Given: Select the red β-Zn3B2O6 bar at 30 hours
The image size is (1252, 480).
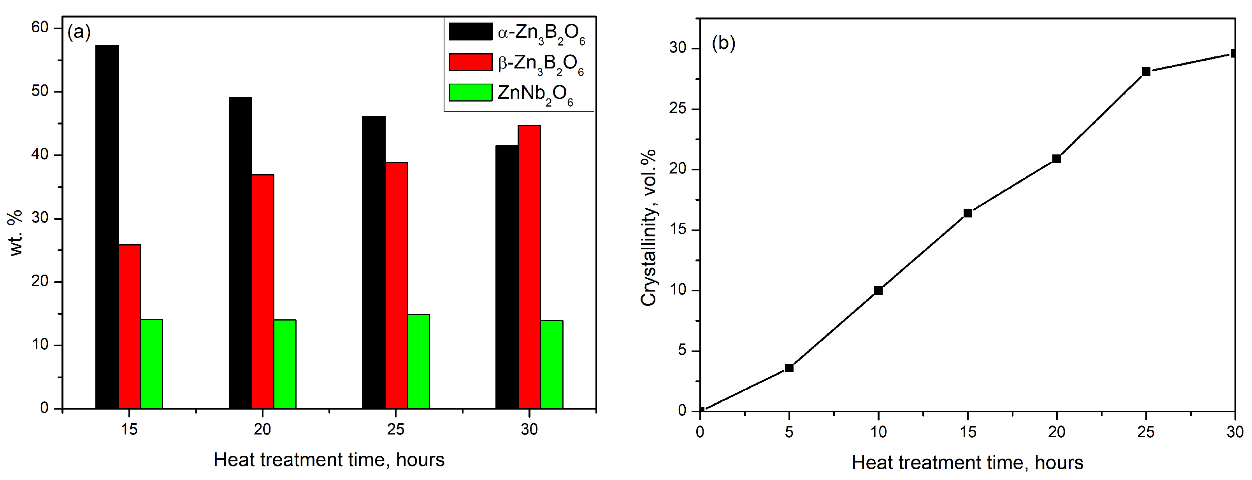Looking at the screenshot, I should point(529,267).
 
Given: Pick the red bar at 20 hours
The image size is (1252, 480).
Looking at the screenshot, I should point(262,291).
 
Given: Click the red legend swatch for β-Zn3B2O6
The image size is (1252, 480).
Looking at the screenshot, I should point(470,62).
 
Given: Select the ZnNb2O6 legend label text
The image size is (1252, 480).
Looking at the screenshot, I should point(535,93).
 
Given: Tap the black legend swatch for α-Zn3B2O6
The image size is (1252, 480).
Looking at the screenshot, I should point(470,32).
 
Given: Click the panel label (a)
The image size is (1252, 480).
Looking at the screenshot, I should point(79,33).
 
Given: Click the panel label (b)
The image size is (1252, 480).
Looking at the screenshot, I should point(723,43).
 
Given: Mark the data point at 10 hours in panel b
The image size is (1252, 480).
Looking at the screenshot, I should point(878,291).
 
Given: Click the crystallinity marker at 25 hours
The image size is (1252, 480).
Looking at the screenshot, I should point(1146,72).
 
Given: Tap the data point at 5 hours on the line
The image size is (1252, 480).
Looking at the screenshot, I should point(789,368).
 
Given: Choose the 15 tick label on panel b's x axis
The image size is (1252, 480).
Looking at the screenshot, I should point(968,432).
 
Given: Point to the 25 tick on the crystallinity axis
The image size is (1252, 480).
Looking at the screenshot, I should point(678,109).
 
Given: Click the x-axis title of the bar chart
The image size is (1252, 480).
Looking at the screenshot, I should point(329,460).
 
